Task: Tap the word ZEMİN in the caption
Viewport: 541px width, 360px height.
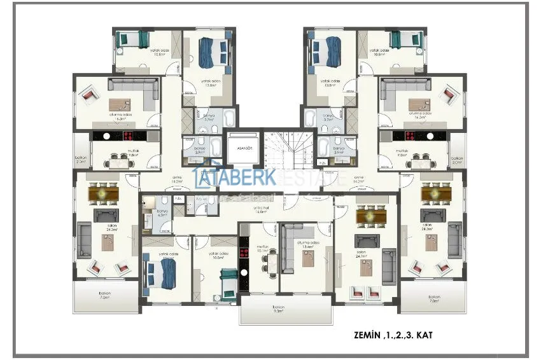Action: click(x=368, y=334)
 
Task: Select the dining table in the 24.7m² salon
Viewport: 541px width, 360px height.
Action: click(x=367, y=217)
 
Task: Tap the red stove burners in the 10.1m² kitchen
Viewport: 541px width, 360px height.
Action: click(x=242, y=258)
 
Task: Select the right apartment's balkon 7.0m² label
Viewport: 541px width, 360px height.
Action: click(x=435, y=298)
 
